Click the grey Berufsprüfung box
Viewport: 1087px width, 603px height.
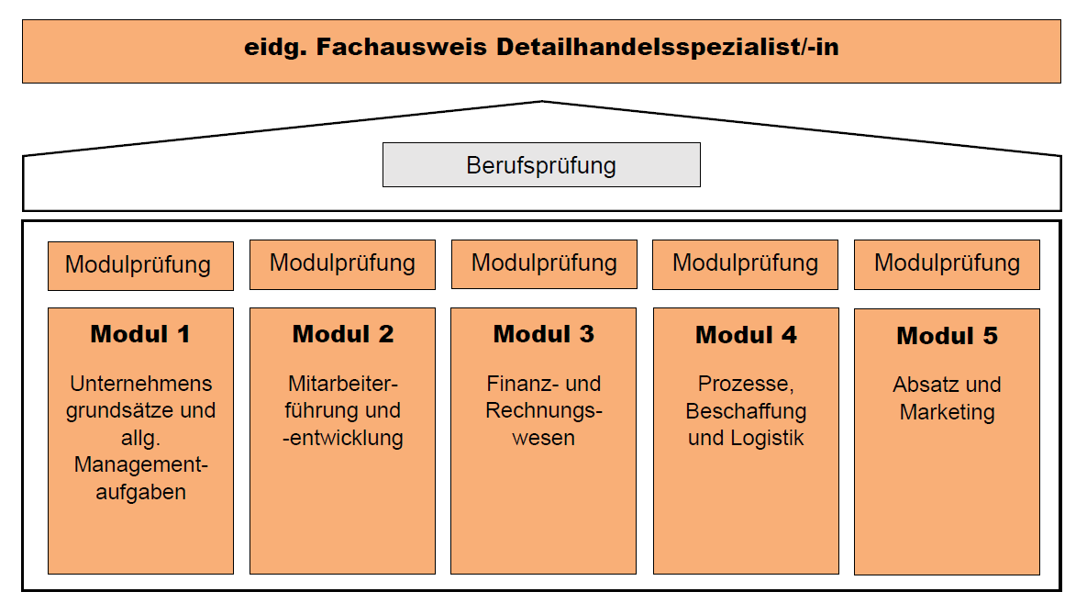[x=541, y=165]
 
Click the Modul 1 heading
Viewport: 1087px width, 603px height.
[x=140, y=334]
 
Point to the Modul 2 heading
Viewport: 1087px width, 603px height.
[x=342, y=334]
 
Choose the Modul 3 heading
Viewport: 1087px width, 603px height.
[x=543, y=334]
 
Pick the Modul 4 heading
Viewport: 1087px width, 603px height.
[x=746, y=335]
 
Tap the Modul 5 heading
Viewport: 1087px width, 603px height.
[x=947, y=336]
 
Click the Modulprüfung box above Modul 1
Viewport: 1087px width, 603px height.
[x=140, y=265]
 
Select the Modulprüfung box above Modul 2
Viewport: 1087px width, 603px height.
[x=342, y=263]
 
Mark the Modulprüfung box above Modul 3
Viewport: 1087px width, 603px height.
[x=544, y=263]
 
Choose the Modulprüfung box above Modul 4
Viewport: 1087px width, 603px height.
[x=745, y=263]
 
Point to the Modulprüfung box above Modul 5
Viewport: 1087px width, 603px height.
[x=947, y=263]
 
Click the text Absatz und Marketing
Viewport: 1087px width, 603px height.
[x=947, y=398]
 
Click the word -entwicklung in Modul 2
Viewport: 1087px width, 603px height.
[x=343, y=438]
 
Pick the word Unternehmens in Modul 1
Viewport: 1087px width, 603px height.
[x=140, y=384]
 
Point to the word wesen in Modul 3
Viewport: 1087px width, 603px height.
[x=543, y=438]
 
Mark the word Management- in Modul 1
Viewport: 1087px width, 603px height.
[x=140, y=465]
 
